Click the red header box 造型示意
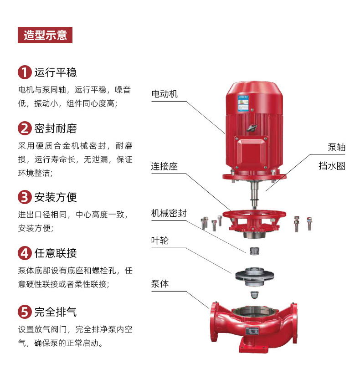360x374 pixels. (45, 35)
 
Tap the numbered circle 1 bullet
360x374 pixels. (25, 72)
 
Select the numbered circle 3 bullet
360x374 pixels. (25, 197)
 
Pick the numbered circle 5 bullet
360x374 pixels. (25, 312)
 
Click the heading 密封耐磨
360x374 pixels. (56, 128)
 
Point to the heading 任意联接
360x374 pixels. (56, 253)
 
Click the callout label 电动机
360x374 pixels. (165, 94)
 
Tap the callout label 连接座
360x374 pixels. (165, 166)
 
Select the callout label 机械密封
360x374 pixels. (169, 213)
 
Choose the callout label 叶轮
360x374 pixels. (160, 241)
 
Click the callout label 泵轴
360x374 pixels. (337, 147)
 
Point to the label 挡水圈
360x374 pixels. (332, 166)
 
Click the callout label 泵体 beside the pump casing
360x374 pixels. (160, 284)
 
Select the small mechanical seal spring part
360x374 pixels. (254, 251)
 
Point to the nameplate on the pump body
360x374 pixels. (252, 331)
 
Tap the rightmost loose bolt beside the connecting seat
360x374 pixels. (309, 224)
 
